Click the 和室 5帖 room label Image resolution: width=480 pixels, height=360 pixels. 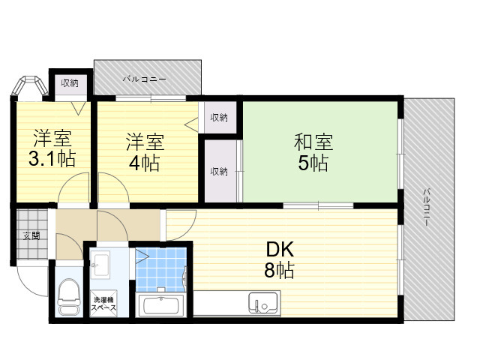313,152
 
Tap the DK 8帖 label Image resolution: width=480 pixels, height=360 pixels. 280,259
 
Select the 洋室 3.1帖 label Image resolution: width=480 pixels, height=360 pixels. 52,148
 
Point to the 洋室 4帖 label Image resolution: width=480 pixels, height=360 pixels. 145,152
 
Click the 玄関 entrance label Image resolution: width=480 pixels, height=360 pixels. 31,235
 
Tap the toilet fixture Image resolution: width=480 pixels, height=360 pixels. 69,297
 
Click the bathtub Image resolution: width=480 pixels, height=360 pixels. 160,305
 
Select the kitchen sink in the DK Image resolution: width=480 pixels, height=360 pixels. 263,303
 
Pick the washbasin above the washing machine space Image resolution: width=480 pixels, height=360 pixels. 100,265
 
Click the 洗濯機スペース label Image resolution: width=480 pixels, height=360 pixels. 103,304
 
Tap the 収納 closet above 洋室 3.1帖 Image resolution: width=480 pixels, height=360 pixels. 70,83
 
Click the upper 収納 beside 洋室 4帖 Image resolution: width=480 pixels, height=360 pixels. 219,117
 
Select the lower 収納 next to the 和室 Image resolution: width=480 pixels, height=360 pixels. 219,172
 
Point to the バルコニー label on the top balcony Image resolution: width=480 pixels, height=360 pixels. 145,79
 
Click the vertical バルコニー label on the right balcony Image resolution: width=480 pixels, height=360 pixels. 427,208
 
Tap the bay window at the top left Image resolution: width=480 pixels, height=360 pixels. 30,85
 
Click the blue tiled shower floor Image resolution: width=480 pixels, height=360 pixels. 161,269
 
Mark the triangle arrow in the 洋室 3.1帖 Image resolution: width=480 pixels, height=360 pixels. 78,108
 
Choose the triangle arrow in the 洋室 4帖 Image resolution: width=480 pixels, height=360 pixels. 191,124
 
